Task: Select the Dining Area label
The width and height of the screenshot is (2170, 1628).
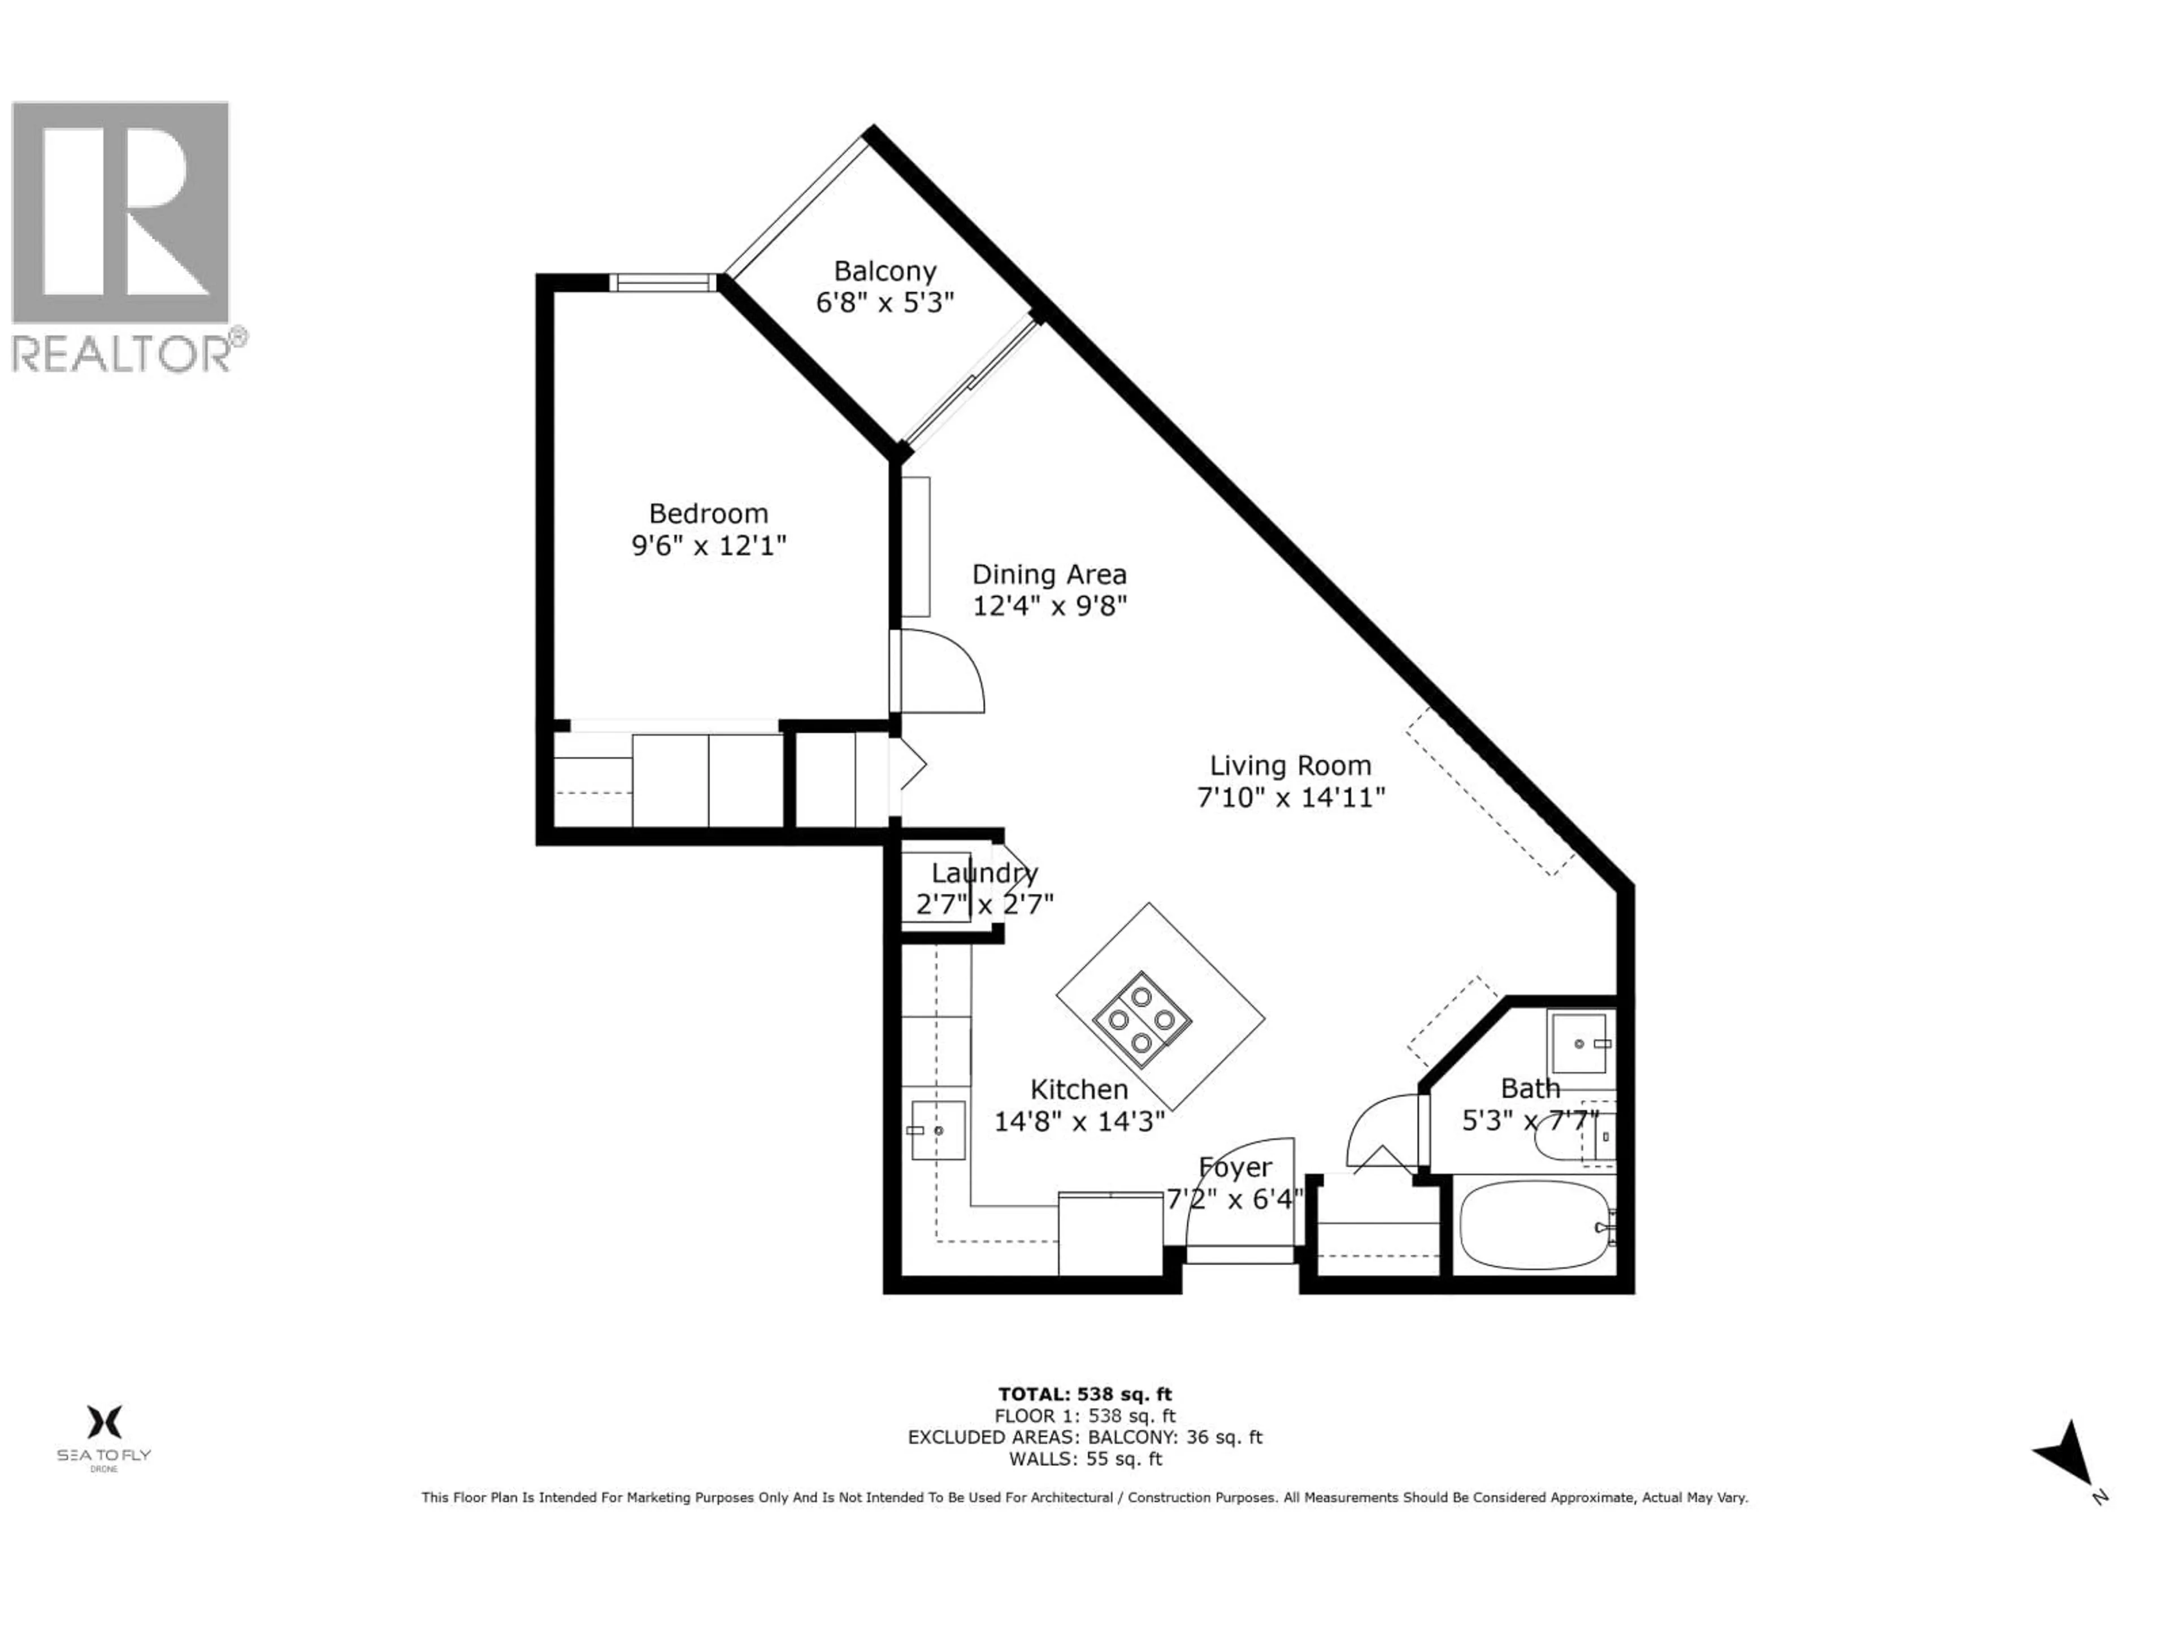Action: click(x=1049, y=574)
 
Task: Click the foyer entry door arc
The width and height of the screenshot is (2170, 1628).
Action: click(x=1236, y=1177)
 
